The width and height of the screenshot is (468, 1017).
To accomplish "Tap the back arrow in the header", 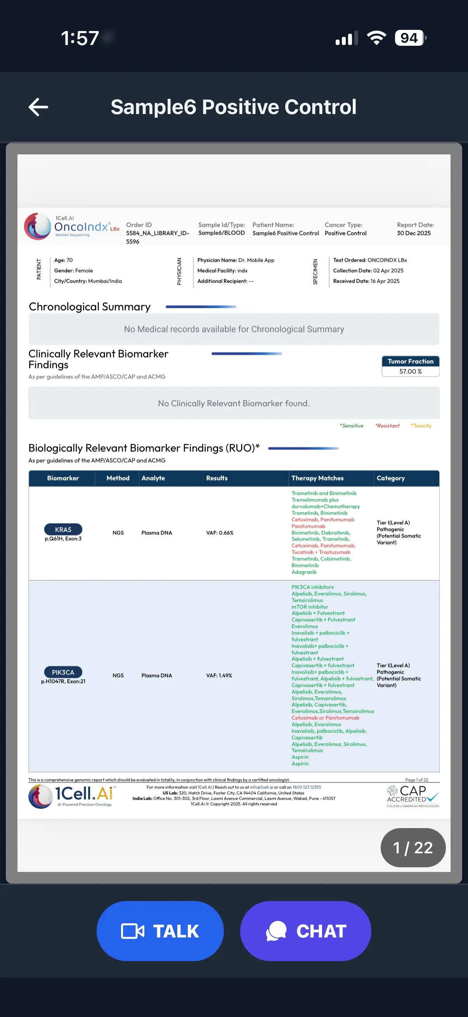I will (38, 107).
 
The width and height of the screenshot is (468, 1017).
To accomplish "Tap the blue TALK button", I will (160, 931).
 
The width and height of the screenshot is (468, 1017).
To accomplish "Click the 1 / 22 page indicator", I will (413, 847).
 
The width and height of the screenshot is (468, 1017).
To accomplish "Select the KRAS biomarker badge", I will (63, 529).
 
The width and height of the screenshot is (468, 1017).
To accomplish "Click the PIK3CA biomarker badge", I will (63, 672).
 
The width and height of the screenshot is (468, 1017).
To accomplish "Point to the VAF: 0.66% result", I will (220, 533).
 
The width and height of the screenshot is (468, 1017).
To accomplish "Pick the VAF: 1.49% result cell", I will (219, 676).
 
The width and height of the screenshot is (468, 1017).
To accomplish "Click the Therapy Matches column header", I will (317, 478).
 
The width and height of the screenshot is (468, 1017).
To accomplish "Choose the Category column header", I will (391, 478).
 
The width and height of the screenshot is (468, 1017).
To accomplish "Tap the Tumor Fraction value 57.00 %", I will (410, 372).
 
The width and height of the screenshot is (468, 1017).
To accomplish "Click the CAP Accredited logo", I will (413, 796).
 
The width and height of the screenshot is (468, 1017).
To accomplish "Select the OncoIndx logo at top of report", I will (72, 227).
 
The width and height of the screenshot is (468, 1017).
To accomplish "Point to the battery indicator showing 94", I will (409, 38).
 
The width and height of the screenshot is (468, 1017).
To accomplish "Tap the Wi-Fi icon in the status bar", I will (376, 38).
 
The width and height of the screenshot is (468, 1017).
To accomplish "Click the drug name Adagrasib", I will (304, 572).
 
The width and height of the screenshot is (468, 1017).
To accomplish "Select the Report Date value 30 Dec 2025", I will (414, 233).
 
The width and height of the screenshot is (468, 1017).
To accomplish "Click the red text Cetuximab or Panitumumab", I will (325, 718).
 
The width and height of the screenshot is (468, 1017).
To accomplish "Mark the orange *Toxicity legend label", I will (421, 425).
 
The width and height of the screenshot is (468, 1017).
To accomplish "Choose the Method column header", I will (118, 478).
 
